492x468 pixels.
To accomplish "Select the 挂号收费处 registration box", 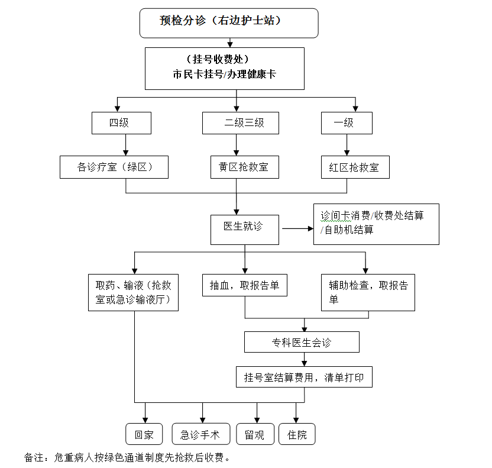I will (225, 68).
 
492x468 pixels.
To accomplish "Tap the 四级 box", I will (122, 123).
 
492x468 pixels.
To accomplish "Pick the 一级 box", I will (347, 123).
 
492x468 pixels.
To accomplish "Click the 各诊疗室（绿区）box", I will (114, 167).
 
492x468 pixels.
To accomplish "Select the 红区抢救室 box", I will (355, 167).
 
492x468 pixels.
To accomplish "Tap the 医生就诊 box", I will (245, 230).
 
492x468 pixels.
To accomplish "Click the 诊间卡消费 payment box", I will (376, 223).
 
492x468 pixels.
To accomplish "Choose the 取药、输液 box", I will (134, 292).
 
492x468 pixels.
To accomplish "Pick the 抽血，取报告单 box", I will (245, 285).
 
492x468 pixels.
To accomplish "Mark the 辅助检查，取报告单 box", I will (368, 292).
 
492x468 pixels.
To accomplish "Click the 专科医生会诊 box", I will (302, 342).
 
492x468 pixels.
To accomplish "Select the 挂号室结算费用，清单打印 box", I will (304, 377).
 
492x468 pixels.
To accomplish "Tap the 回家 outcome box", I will (144, 434).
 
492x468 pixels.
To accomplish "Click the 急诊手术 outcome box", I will (200, 434).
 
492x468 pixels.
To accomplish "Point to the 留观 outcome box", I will (255, 434).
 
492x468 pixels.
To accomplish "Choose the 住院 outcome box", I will (297, 434).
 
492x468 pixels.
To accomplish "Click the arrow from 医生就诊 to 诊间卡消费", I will (297, 228).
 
